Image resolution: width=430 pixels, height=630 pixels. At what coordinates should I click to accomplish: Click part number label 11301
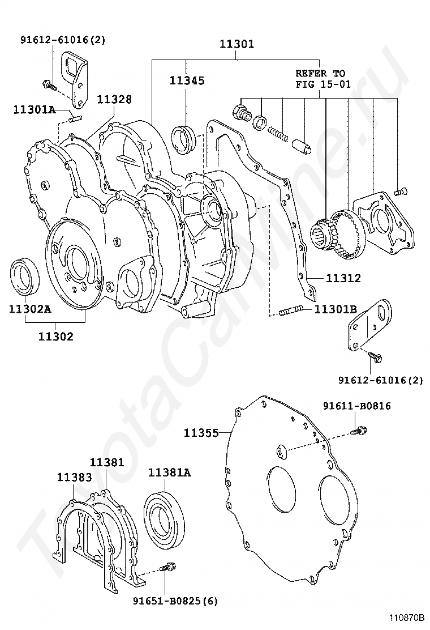[236, 44]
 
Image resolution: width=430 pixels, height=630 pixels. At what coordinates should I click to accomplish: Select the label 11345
[187, 80]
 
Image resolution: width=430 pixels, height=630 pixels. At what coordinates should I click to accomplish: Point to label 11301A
[35, 109]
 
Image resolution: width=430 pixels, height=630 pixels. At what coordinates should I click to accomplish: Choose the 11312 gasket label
[343, 278]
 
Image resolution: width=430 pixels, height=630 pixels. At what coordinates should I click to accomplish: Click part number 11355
[201, 433]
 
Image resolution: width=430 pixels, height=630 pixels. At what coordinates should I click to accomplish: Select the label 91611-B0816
[357, 406]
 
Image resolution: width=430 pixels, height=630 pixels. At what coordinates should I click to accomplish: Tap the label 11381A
[170, 471]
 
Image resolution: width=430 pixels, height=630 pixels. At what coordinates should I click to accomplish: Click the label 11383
[74, 477]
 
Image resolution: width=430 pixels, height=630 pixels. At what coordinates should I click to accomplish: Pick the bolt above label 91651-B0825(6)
[167, 567]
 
